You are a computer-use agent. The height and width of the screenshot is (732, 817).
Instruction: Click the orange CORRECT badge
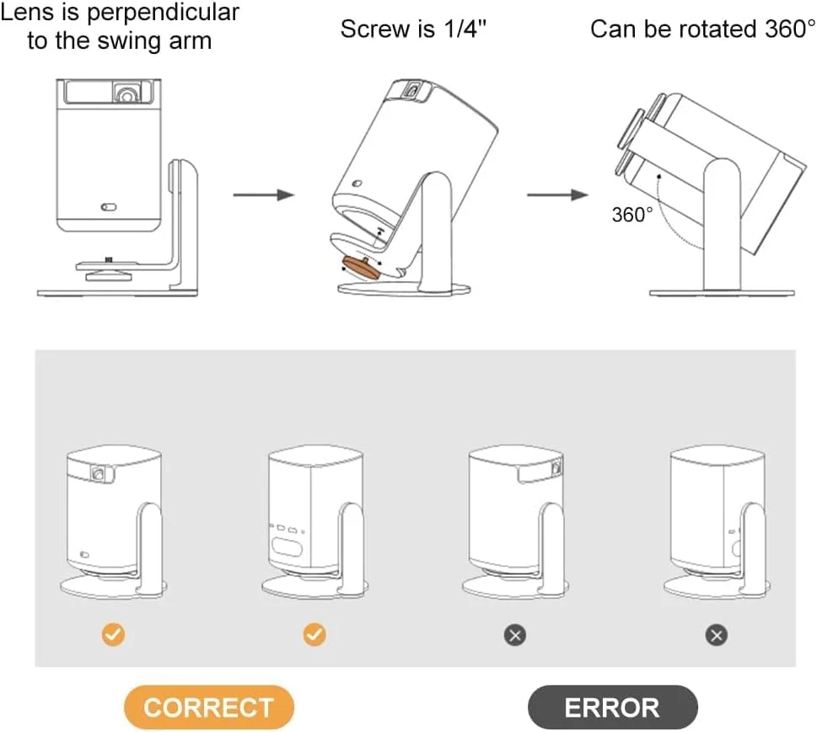[x=208, y=707]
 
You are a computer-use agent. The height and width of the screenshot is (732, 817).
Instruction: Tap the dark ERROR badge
[x=612, y=707]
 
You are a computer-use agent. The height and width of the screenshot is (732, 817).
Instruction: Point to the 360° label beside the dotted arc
[x=632, y=215]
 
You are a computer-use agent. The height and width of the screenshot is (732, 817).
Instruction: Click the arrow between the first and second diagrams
[x=263, y=195]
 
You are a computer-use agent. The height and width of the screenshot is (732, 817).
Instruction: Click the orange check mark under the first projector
[x=113, y=634]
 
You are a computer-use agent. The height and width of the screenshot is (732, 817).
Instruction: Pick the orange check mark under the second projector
[x=314, y=634]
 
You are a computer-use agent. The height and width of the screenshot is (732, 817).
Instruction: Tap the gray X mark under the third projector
[x=515, y=634]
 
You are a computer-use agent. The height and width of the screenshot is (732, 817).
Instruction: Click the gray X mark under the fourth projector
[x=717, y=634]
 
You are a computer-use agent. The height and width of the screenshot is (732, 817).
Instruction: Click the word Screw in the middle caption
[x=374, y=29]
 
